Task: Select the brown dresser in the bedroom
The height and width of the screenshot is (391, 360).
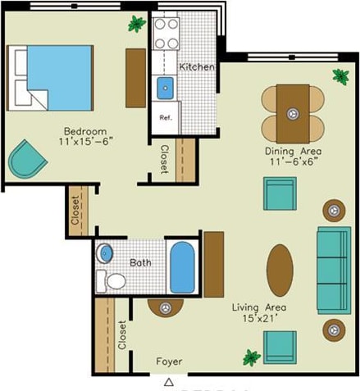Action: point(135,77)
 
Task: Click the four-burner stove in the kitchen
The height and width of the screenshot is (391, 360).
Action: point(167,34)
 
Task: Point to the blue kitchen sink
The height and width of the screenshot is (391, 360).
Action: point(166,86)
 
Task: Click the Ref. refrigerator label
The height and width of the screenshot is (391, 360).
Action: point(165,117)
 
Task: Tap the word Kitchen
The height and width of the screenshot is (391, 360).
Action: point(197,66)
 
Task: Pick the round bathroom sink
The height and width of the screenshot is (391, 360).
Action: point(106,253)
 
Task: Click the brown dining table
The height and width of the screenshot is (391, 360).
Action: point(293,112)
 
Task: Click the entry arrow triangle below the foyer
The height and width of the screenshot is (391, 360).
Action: point(169,382)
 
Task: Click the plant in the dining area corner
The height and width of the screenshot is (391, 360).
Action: point(340,76)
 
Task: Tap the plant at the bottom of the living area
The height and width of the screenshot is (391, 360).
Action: point(251,357)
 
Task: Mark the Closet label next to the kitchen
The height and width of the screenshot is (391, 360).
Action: point(164,159)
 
